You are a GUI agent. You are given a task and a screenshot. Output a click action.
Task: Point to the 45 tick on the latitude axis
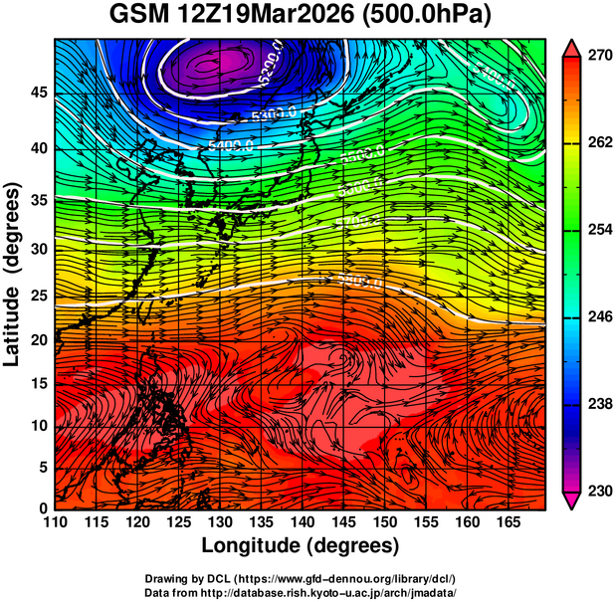tap(38, 93)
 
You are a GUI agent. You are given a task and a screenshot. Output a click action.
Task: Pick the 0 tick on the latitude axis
tap(43, 508)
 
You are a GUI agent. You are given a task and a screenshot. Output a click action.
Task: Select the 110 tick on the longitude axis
tap(54, 523)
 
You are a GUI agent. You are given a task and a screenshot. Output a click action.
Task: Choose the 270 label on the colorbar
tap(599, 57)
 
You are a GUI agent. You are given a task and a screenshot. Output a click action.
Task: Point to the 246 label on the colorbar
tap(599, 317)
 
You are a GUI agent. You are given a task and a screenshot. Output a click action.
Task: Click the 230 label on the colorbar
tap(599, 491)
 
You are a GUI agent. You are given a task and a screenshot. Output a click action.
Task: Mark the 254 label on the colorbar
tap(599, 231)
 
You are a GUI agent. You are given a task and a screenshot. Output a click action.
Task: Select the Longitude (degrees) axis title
tap(301, 545)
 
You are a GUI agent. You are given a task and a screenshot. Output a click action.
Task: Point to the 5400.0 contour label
tap(231, 146)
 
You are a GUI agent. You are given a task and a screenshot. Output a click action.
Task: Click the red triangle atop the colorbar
tap(573, 47)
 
